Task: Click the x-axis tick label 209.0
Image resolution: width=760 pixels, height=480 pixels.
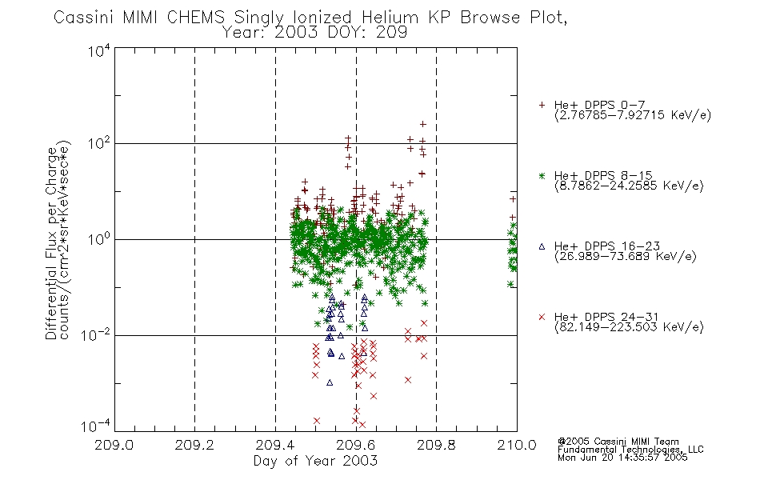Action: coord(114,445)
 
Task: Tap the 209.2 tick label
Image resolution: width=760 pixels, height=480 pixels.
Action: coord(194,445)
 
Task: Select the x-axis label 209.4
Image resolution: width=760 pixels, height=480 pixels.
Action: coord(275,445)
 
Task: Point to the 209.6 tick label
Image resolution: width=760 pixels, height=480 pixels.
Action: coord(356,445)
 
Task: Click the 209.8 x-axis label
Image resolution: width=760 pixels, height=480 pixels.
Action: coord(436,445)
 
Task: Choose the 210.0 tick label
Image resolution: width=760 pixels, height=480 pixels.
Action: coord(517,445)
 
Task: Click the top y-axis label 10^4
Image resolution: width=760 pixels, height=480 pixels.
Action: coord(98,50)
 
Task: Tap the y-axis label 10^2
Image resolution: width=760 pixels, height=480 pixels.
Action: coord(98,144)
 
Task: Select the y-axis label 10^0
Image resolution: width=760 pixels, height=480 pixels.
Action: coord(98,239)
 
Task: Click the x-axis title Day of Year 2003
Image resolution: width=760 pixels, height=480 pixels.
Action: coord(315,461)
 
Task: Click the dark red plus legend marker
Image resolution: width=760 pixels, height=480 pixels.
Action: coord(542,105)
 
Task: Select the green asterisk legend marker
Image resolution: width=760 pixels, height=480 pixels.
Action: coord(542,175)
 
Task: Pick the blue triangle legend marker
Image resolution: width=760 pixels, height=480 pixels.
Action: coord(542,246)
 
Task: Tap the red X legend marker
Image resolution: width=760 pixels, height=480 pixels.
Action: coord(542,317)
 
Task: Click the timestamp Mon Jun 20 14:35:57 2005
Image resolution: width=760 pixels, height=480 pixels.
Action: coord(622,458)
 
